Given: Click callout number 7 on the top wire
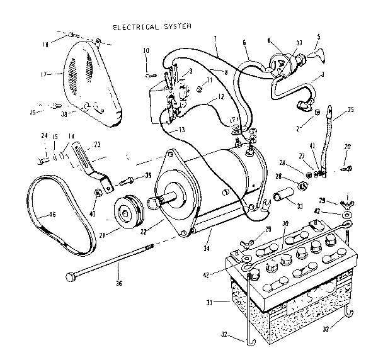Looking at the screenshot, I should pyautogui.click(x=214, y=39).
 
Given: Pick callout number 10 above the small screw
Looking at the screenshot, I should pyautogui.click(x=146, y=50).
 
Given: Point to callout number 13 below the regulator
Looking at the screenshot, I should pyautogui.click(x=182, y=130).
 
